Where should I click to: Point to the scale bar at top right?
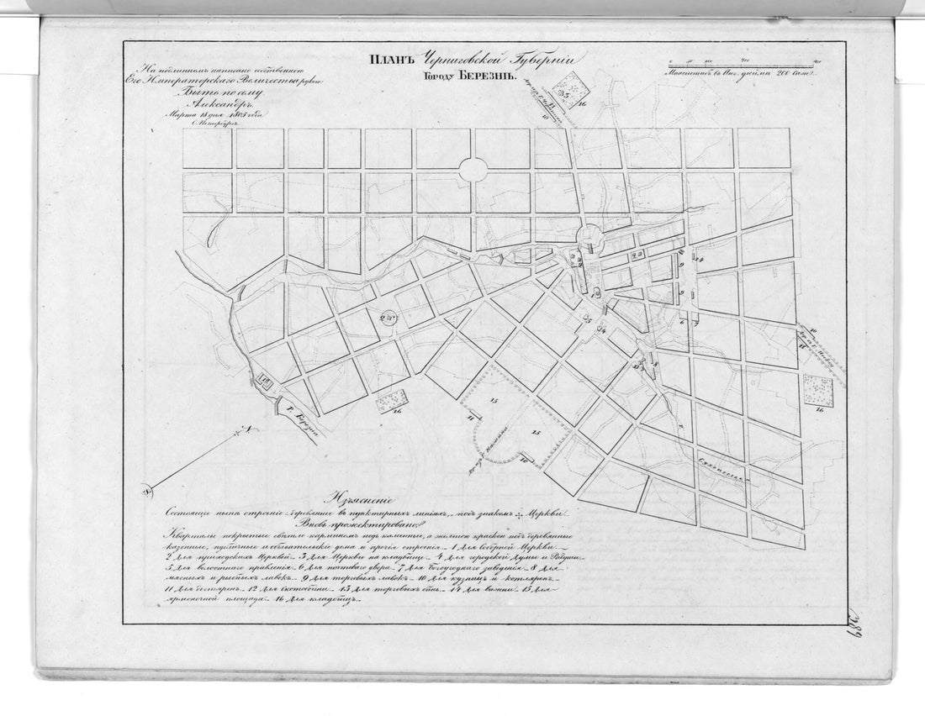tap(740, 64)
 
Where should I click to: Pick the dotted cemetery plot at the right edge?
tap(817, 388)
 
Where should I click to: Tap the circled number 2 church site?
tap(388, 317)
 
